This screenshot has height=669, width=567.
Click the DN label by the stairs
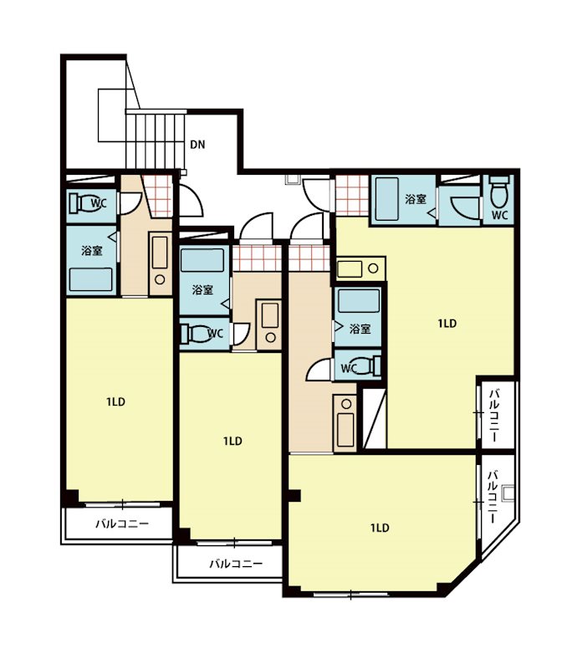coord(197,145)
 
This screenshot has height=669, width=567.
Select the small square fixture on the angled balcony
coord(508,493)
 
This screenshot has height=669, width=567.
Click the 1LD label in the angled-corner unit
coord(380,528)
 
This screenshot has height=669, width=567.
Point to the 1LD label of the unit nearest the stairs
coord(115,402)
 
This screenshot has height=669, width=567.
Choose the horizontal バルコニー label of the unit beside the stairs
coord(122,523)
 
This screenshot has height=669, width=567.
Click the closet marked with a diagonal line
coord(375,419)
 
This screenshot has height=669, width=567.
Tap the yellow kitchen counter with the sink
coord(360,268)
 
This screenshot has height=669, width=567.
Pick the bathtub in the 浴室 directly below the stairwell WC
coord(91,279)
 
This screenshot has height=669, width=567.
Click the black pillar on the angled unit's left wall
coord(295,495)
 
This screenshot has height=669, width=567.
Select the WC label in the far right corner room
coord(499,215)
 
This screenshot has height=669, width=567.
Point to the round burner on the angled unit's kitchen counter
coord(346,404)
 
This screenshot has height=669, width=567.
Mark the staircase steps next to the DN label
coord(156,139)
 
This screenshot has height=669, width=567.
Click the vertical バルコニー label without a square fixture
coord(495,415)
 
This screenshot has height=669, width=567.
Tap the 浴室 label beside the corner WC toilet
coord(416,199)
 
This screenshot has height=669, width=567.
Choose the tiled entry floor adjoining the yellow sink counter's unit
coord(352,196)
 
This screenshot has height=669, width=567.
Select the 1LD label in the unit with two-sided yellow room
coord(447,324)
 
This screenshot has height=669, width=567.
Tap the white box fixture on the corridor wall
coord(294,180)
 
